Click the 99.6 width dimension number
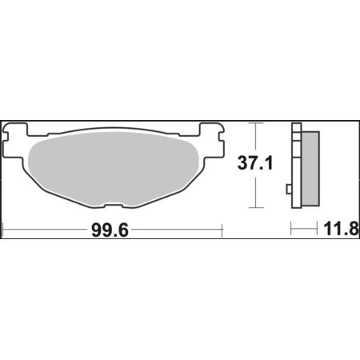(x=110, y=230)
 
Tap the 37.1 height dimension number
(x=255, y=163)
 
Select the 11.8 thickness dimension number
(x=342, y=229)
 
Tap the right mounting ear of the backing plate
(x=211, y=139)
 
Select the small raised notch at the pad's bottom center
(x=113, y=206)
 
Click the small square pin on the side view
(x=289, y=189)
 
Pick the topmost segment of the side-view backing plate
(x=297, y=127)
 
